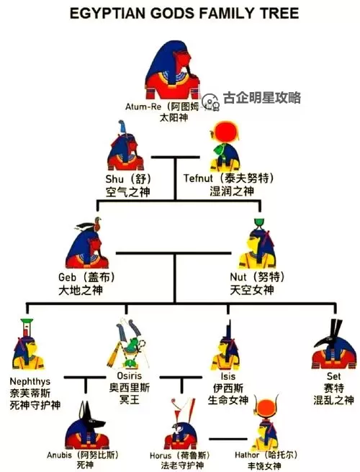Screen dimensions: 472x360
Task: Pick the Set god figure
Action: click(333, 349)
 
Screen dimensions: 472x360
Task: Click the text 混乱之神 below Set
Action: click(333, 399)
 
